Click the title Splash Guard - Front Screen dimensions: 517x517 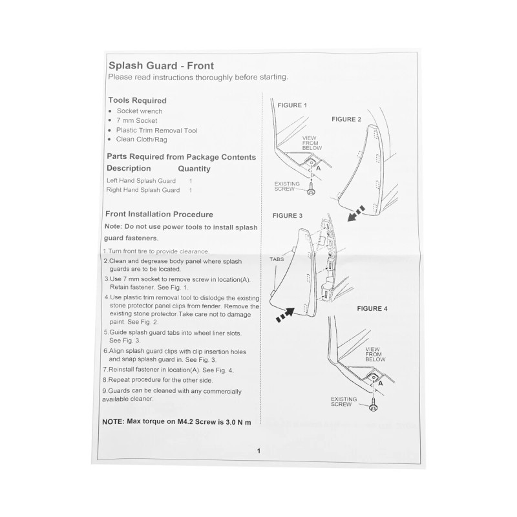click(160, 65)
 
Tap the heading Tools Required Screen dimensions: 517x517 click(137, 101)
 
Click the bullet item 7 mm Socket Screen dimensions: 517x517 click(137, 121)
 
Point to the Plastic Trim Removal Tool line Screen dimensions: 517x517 click(157, 131)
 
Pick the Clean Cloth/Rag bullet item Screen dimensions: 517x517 click(142, 140)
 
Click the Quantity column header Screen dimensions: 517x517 click(194, 169)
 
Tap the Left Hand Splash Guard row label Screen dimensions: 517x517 click(141, 181)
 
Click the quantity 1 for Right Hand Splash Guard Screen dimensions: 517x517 click(191, 191)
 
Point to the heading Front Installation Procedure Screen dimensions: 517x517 click(159, 215)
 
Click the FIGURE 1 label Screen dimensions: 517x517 click(292, 105)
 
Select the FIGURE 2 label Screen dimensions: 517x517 click(346, 120)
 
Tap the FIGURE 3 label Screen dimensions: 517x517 click(288, 215)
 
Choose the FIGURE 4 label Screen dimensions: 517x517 click(372, 309)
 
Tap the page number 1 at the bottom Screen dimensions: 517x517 click(258, 451)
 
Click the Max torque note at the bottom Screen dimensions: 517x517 click(176, 422)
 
